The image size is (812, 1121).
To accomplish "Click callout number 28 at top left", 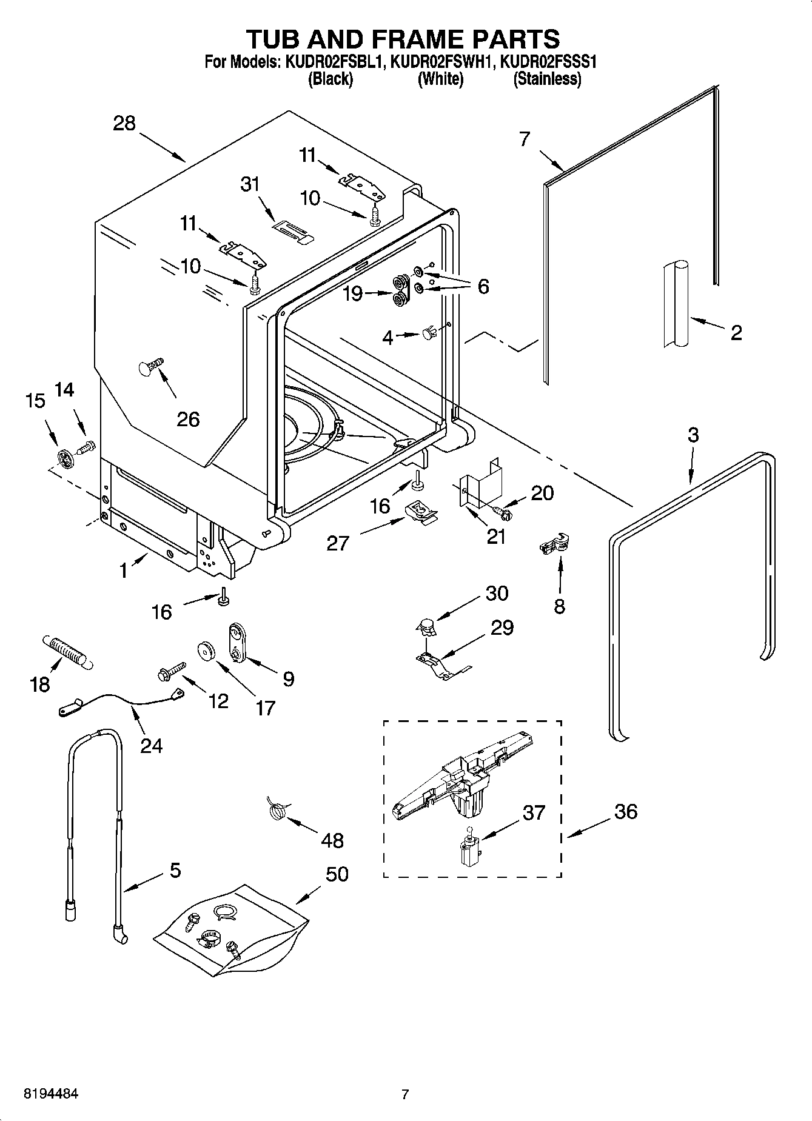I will tap(124, 124).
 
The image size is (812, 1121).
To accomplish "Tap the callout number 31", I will tap(250, 184).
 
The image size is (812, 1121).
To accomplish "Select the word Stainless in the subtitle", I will tap(547, 79).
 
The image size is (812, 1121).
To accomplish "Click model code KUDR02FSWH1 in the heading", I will tap(443, 62).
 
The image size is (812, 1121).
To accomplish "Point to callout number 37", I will tap(534, 812).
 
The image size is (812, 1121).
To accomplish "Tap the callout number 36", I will tap(625, 811).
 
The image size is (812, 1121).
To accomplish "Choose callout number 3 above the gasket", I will tap(693, 435).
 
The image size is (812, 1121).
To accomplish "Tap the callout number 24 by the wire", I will tap(151, 745).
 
